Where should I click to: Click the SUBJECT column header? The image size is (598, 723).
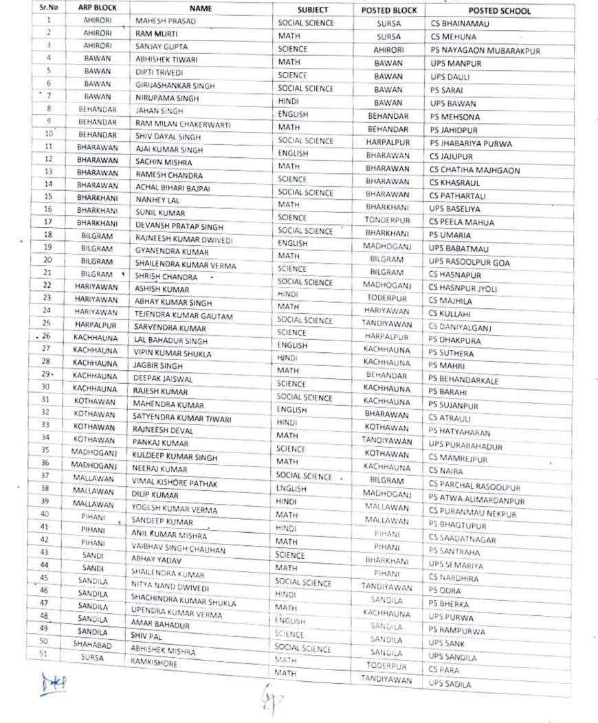coord(313,10)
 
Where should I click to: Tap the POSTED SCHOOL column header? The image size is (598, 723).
coord(500,11)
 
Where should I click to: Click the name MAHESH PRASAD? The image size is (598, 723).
coord(165,21)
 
